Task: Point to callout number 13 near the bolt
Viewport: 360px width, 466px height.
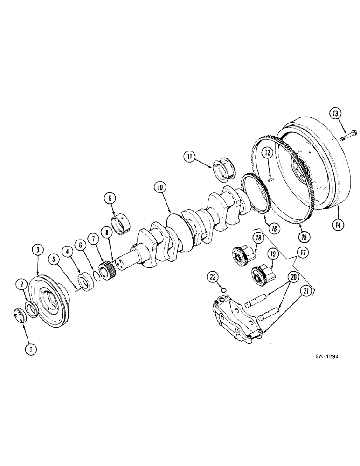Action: click(x=336, y=113)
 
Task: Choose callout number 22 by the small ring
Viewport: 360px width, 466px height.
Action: click(x=214, y=277)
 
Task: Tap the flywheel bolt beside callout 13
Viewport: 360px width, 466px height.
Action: click(x=347, y=136)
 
